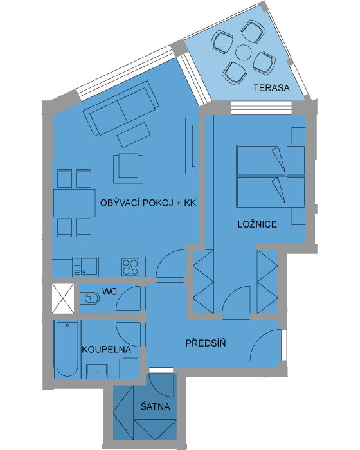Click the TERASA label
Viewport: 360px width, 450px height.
click(271, 88)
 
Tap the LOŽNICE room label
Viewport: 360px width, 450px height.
click(257, 224)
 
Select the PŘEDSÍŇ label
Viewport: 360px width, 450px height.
click(206, 343)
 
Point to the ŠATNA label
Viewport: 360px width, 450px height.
click(155, 406)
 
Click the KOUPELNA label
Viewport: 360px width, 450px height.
click(107, 349)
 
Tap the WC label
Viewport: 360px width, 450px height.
click(110, 292)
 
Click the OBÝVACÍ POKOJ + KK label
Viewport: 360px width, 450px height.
click(148, 203)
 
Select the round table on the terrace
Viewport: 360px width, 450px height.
click(244, 53)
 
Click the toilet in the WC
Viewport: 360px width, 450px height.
click(89, 298)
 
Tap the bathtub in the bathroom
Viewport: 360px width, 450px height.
click(67, 349)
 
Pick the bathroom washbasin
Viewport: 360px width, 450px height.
click(97, 372)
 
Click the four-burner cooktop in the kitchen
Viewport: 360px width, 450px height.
click(130, 267)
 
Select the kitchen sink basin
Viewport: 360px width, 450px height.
click(89, 266)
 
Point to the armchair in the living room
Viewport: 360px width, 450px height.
click(129, 168)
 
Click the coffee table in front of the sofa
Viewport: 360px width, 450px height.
click(134, 135)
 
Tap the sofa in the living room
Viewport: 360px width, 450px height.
click(121, 108)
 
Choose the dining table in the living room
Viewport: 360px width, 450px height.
click(75, 203)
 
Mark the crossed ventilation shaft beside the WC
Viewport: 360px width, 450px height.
click(63, 298)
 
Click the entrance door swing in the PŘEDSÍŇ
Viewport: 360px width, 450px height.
click(265, 345)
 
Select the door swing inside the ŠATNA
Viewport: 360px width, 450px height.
click(162, 385)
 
